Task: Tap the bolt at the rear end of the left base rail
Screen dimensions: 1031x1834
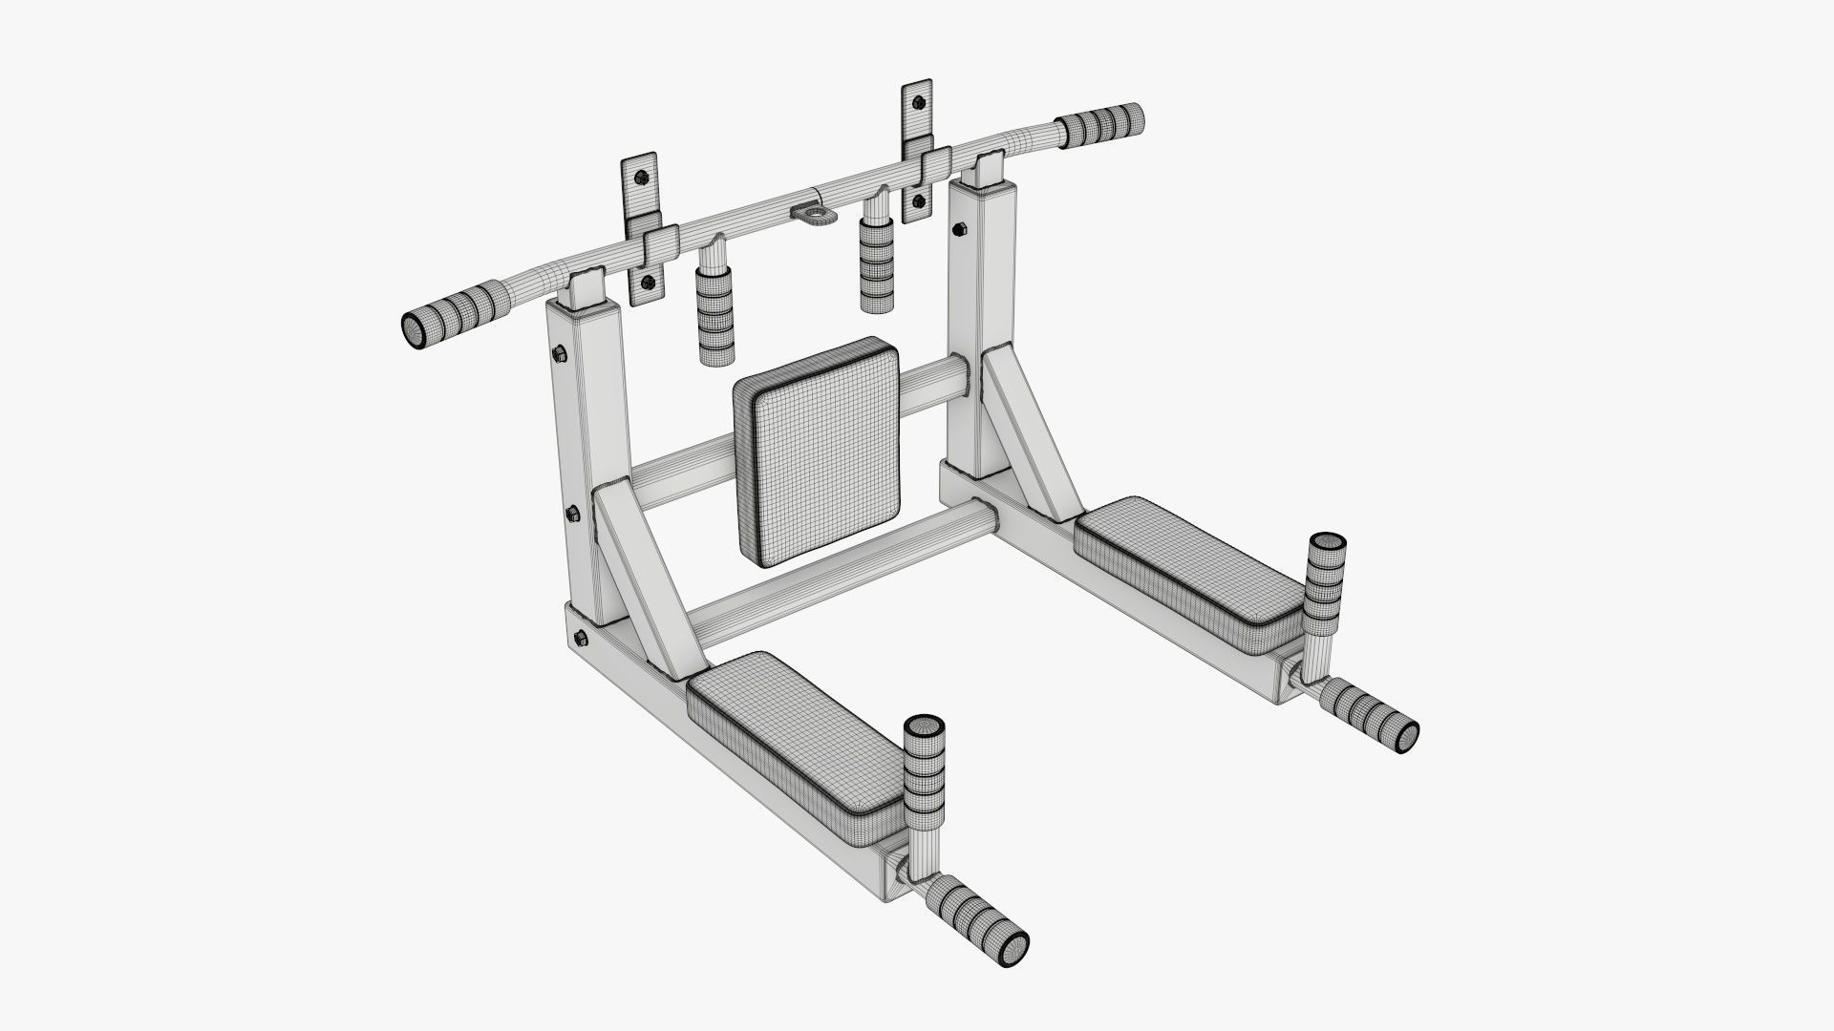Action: [x=580, y=636]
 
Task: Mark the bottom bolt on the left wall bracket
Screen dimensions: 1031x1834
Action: [x=649, y=281]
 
